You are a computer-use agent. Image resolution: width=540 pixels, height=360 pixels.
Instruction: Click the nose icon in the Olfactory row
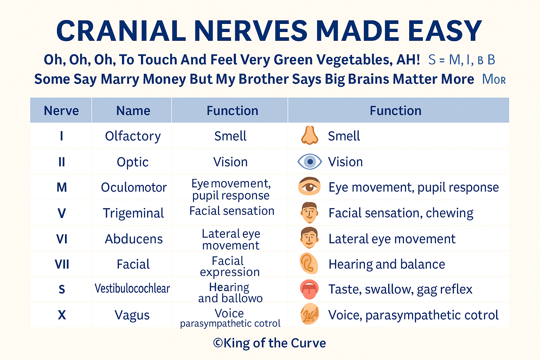click(309, 136)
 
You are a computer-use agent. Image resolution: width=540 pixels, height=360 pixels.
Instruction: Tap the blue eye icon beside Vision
click(309, 162)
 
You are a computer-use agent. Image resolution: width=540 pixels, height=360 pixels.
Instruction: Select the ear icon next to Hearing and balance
click(309, 264)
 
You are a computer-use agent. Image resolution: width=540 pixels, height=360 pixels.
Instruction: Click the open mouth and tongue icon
click(309, 289)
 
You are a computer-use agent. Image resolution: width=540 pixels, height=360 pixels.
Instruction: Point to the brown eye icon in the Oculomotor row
click(309, 187)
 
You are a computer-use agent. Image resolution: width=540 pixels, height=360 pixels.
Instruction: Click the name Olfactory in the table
click(133, 136)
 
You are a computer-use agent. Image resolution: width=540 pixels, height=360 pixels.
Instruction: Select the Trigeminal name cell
click(133, 213)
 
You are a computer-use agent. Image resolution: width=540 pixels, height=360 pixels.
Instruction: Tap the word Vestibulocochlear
click(132, 289)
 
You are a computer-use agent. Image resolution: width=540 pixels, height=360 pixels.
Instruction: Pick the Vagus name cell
click(132, 315)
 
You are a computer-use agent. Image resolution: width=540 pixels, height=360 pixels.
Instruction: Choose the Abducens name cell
click(134, 239)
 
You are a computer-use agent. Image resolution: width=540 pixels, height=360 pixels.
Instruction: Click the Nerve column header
click(61, 111)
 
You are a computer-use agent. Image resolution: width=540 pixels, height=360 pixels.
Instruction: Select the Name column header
click(133, 111)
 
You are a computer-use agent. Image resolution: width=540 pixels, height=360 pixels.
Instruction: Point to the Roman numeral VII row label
click(62, 264)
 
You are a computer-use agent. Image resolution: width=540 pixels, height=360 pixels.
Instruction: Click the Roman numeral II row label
click(62, 162)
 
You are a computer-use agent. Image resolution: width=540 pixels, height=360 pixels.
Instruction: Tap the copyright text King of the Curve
click(270, 343)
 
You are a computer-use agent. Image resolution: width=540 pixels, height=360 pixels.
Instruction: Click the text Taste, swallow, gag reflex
click(400, 289)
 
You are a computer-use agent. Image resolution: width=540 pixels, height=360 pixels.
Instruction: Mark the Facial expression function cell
click(230, 266)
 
